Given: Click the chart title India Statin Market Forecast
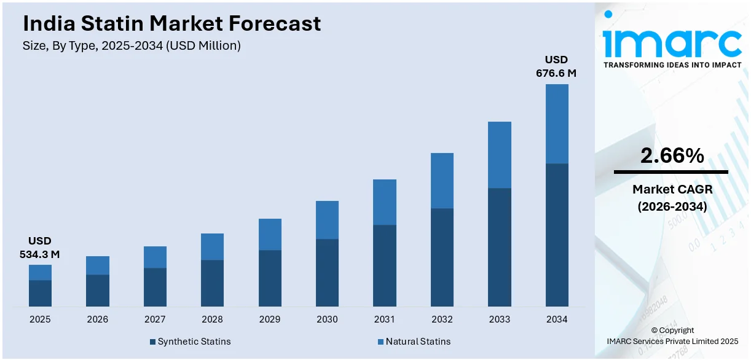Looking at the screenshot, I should (x=171, y=23).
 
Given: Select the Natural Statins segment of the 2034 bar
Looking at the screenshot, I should (x=557, y=123).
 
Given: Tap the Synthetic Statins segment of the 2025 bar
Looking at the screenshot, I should (x=40, y=293).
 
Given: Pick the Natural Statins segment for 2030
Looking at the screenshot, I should (x=327, y=219).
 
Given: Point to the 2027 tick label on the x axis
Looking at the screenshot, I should (x=155, y=319).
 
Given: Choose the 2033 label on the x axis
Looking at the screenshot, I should (x=499, y=319).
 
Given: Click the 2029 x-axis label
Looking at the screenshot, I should (x=270, y=319).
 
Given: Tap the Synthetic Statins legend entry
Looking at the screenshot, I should (x=190, y=342).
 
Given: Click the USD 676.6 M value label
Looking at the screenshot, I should (x=556, y=66).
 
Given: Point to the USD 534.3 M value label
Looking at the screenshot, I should (x=40, y=248).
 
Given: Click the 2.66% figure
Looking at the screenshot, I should (x=672, y=156).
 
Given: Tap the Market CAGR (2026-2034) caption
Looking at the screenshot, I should (x=671, y=198).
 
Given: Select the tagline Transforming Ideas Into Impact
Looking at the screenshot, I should (x=672, y=65).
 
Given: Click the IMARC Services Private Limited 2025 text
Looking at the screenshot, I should (x=672, y=341).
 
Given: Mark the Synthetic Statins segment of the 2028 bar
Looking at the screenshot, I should (x=212, y=283).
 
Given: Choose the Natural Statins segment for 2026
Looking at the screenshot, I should (x=97, y=265).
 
